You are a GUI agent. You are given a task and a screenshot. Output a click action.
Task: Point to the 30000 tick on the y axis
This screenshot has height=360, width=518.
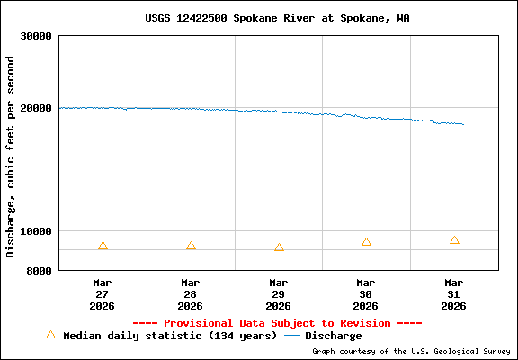click(37, 37)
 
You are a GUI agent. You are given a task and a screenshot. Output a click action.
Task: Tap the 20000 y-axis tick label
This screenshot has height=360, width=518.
click(37, 108)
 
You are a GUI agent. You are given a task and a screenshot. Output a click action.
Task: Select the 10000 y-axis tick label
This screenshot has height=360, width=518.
click(37, 231)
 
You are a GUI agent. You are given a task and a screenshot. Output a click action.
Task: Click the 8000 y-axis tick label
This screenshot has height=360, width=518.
click(40, 270)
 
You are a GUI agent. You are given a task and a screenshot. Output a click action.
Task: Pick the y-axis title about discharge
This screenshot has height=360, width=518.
click(11, 157)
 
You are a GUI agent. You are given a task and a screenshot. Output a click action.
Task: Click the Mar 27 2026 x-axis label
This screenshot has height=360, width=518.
click(103, 293)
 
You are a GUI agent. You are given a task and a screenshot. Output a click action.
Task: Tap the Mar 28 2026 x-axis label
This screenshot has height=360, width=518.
click(191, 293)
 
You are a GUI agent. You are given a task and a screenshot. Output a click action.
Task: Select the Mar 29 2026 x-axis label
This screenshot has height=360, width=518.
click(279, 293)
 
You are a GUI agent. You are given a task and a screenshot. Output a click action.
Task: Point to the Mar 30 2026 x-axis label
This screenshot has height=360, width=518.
click(366, 293)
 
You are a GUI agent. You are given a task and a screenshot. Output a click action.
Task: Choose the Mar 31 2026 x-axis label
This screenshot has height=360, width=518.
click(454, 293)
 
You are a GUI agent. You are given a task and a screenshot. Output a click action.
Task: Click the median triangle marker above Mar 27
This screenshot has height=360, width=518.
click(103, 247)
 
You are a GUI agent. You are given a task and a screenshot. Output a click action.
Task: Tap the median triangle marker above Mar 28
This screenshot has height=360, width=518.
click(191, 247)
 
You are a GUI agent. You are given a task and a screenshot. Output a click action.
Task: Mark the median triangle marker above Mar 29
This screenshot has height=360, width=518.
click(279, 247)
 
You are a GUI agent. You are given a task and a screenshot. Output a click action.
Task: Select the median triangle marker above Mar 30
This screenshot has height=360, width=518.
click(366, 242)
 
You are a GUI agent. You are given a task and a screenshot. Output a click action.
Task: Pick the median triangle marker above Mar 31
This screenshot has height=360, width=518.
click(454, 241)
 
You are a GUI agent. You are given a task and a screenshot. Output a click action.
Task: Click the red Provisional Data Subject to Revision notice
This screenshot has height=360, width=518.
click(277, 323)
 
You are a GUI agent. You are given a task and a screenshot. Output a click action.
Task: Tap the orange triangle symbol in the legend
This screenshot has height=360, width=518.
click(50, 335)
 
